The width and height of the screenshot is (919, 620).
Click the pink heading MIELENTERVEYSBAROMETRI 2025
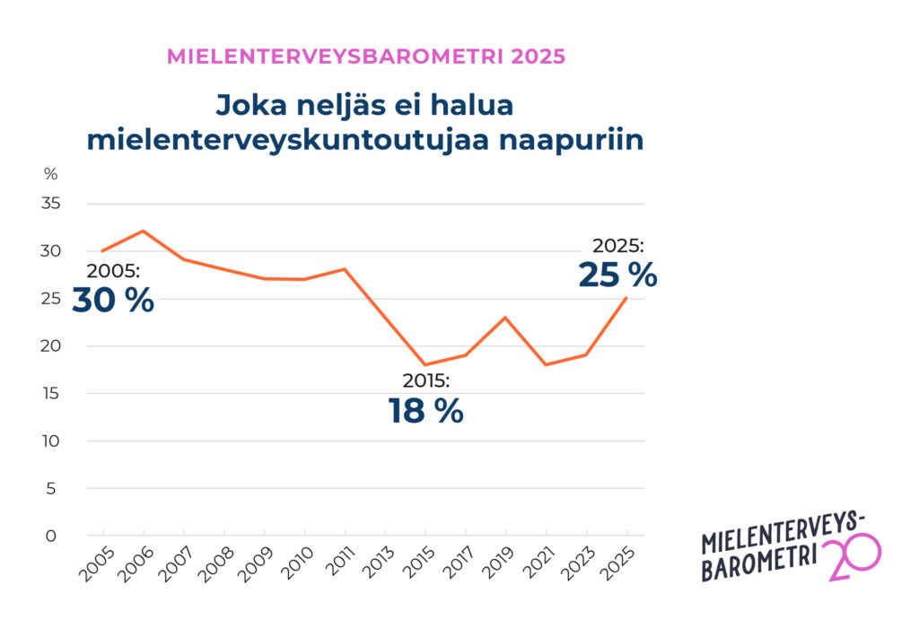pos(366,57)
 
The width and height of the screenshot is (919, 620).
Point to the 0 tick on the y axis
pos(51,536)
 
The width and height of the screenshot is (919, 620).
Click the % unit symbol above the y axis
pos(50,174)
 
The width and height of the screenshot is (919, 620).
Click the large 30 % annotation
pos(113,301)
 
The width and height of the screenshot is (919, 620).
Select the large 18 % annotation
pos(425,412)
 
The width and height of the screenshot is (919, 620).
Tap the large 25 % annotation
pos(617,275)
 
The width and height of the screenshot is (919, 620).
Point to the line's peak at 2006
pos(144,231)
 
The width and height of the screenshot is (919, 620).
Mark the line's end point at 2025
pos(626,298)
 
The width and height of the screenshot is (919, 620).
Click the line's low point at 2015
pos(425,365)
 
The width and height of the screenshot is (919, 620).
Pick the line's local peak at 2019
pos(506,318)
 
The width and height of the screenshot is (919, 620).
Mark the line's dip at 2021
pos(546,365)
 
